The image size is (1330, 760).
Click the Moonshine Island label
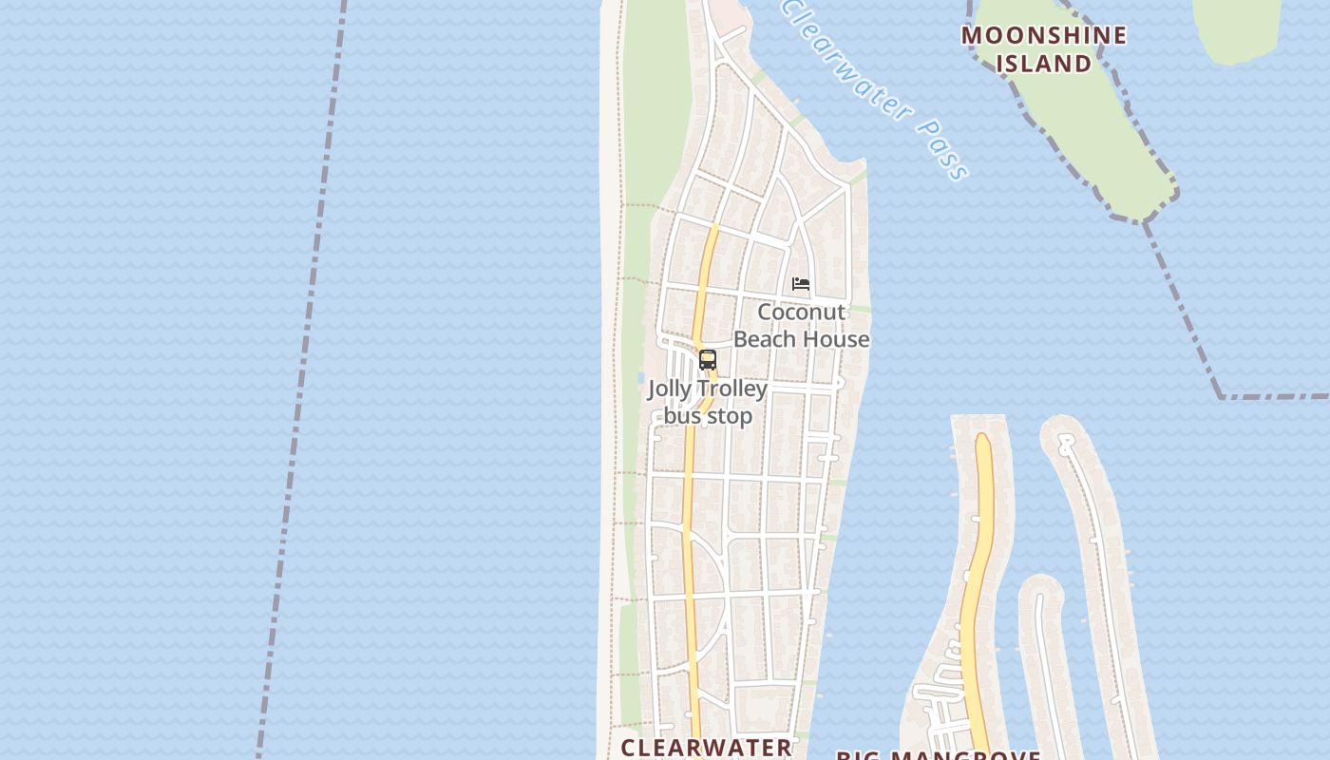(1043, 49)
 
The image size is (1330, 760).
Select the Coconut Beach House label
(802, 326)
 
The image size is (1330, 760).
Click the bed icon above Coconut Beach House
(801, 284)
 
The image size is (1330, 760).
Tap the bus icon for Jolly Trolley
(708, 360)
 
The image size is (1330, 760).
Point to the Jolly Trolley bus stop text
(708, 403)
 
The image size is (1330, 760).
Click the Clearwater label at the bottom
(706, 748)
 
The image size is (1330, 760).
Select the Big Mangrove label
(938, 756)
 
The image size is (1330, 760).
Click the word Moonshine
(1043, 36)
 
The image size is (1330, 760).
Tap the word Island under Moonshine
(1043, 64)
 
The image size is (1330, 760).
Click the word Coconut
(801, 313)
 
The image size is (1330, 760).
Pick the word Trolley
(731, 389)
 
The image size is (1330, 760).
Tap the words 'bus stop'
(708, 416)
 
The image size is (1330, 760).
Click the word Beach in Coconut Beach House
(768, 339)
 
